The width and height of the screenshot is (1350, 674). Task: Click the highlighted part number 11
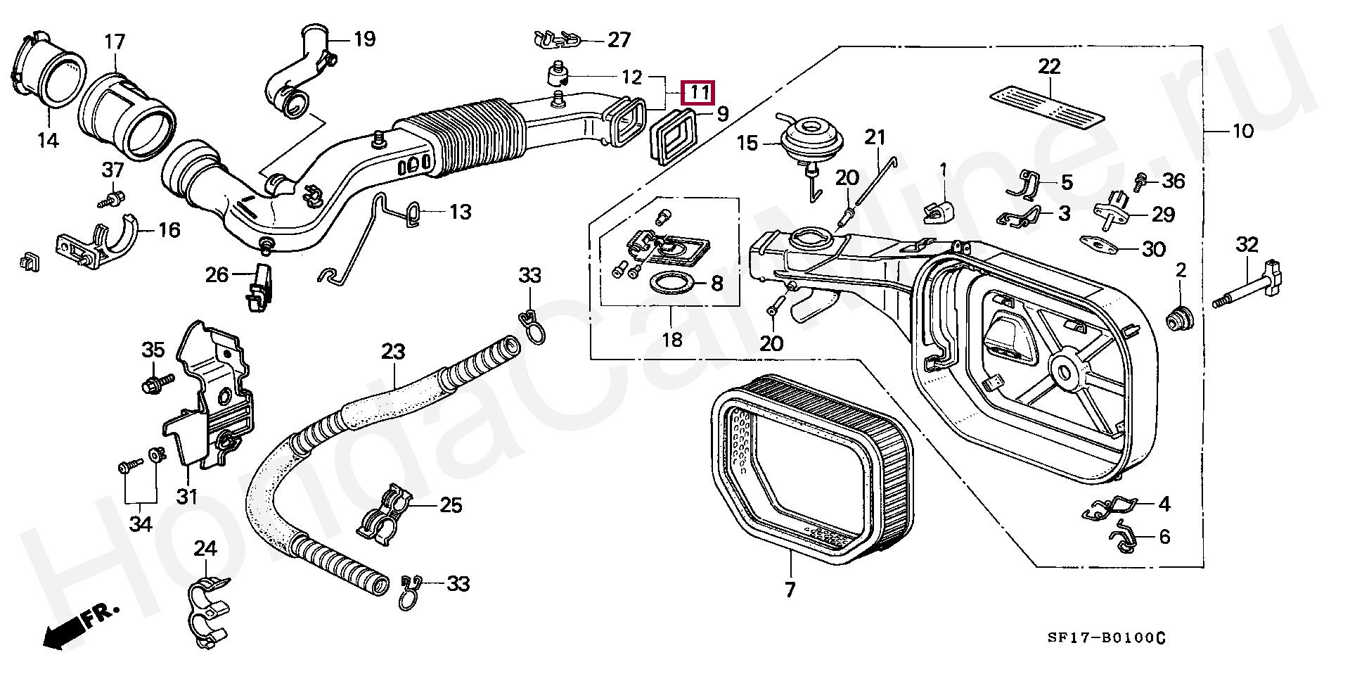(x=698, y=92)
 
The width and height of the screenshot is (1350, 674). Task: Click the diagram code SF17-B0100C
(x=1106, y=638)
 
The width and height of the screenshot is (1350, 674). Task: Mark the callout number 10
(x=1243, y=132)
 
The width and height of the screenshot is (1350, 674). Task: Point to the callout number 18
(x=672, y=340)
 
